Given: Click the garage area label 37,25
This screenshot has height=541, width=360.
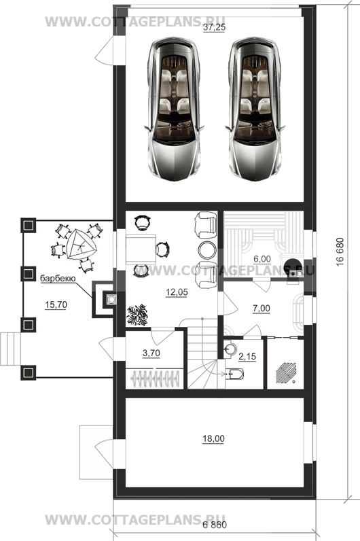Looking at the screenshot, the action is [214, 28].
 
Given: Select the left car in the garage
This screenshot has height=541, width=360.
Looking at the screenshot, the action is [174, 109].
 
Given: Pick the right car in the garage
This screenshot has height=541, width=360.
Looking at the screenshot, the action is [255, 109].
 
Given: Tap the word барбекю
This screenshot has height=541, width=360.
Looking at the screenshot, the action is [58, 278].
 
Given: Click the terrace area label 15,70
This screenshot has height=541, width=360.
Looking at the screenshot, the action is [56, 304].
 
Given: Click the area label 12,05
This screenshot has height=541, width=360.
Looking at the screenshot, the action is [177, 292].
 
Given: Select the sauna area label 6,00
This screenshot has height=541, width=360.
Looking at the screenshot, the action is [262, 259].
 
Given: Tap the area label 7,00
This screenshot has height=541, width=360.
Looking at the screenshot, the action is [262, 309].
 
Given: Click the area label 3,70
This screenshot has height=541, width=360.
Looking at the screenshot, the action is [151, 353].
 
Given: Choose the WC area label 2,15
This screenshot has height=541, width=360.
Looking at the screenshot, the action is [247, 356].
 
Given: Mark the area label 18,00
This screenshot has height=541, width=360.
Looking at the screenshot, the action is [213, 439].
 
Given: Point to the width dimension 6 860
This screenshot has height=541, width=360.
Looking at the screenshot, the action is [215, 525].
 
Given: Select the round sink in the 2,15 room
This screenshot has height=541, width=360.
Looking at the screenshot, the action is [230, 349].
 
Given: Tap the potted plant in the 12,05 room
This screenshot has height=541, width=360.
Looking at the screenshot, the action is [137, 315].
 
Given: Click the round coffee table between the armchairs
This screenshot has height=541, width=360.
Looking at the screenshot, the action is [207, 249].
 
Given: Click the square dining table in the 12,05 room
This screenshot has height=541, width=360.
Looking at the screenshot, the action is [141, 249].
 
